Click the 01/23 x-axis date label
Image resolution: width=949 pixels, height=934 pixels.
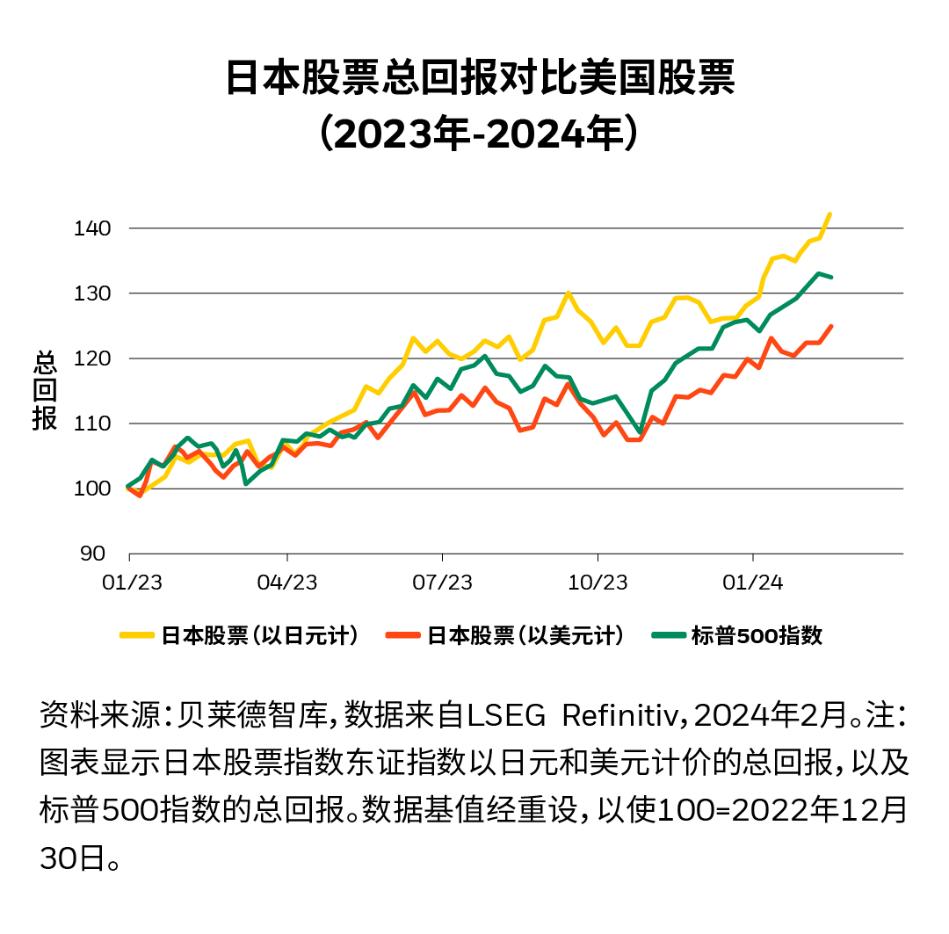click(x=129, y=583)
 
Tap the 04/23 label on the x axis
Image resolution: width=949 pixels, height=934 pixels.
click(x=287, y=583)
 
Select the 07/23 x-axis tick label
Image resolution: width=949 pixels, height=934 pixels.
click(x=443, y=583)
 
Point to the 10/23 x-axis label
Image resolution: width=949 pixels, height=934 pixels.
click(x=598, y=583)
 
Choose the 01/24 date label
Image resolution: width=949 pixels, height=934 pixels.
click(x=753, y=583)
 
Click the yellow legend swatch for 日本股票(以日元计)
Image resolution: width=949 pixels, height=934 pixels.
click(x=137, y=635)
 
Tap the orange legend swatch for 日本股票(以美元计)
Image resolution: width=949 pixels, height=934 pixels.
click(x=403, y=635)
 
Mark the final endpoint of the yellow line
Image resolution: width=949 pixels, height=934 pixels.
click(x=830, y=214)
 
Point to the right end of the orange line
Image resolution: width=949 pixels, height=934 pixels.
click(x=831, y=326)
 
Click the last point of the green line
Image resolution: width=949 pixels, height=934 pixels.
click(x=831, y=277)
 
